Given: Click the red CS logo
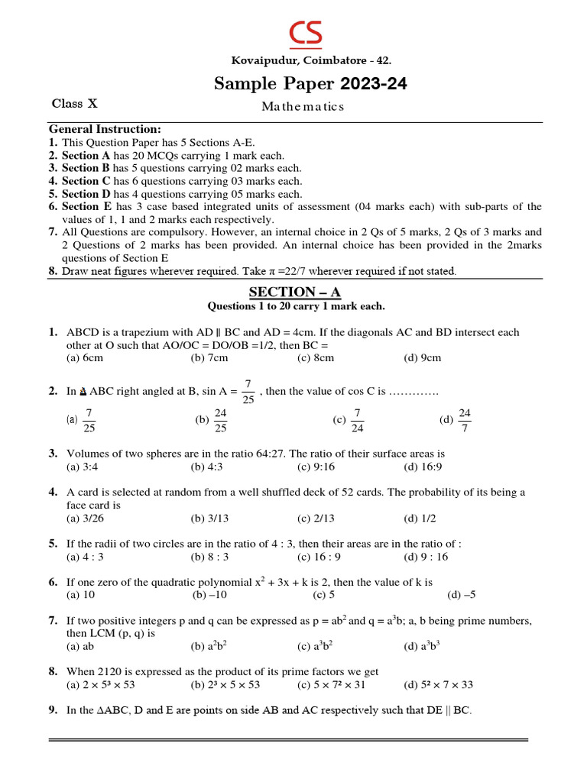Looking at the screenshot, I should point(305,33).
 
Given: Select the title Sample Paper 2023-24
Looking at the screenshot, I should point(310,84).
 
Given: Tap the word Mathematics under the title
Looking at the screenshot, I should point(303,107).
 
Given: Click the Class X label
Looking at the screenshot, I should point(75,103).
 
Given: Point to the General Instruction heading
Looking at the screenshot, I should point(105,130).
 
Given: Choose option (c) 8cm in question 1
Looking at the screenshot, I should point(316,357).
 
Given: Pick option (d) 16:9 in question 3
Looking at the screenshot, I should point(423,467).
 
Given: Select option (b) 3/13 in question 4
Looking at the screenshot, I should point(209,518).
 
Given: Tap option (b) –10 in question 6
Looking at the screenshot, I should point(210,594).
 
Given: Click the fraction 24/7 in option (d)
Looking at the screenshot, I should point(465,419).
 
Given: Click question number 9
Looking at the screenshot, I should point(53,710).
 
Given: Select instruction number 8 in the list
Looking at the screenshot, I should point(53,270).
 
